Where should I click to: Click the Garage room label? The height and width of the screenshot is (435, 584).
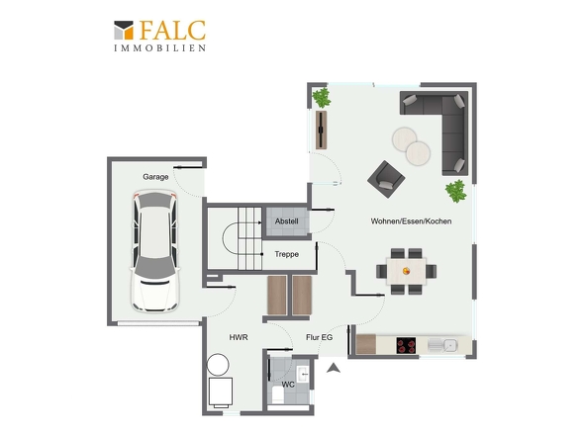pos(155,177)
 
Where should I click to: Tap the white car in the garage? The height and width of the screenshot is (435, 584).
pos(154,251)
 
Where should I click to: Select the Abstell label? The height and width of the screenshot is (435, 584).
pos(286,221)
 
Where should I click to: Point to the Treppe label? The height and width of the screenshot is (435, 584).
pos(286,254)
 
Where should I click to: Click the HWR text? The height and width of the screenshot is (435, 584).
pos(239,337)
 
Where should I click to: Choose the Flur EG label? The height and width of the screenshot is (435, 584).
pos(319,337)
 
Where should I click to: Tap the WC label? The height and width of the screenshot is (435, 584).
pos(288,385)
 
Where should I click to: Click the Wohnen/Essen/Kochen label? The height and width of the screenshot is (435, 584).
pos(411,221)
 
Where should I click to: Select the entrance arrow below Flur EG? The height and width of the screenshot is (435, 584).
pos(334,368)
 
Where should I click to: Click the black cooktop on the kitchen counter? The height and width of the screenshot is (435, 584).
pos(406,345)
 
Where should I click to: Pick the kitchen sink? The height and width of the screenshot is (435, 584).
pos(442,345)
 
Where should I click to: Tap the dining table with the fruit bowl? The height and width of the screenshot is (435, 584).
pos(407,271)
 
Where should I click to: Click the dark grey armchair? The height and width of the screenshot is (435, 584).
pos(386,179)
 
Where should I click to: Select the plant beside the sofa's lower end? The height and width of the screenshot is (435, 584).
pos(456,191)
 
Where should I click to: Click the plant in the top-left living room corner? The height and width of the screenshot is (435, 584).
pos(321,98)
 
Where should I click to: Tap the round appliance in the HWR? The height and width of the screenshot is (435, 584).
pos(218,365)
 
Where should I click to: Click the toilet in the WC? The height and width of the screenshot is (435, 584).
pos(278,395)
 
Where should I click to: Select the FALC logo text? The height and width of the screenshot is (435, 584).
pos(173,30)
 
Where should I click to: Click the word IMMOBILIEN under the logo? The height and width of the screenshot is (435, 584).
pos(160,48)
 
